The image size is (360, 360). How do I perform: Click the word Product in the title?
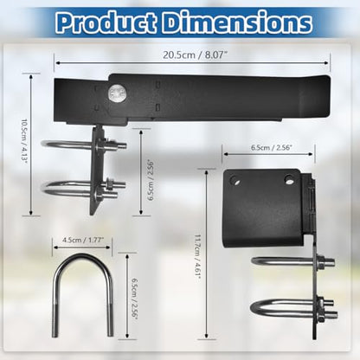tap(107, 22)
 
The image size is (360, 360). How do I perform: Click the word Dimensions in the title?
tap(237, 22)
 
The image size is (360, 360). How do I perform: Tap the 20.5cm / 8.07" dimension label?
tap(193, 55)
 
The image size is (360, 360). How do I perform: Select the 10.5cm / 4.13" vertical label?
tap(25, 141)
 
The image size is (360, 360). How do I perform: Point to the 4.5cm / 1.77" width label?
tap(83, 240)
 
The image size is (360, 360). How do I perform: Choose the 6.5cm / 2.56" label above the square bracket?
tap(272, 148)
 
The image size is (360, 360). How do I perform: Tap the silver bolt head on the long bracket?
tap(117, 93)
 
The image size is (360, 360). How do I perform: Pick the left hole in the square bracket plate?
tap(235, 181)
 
